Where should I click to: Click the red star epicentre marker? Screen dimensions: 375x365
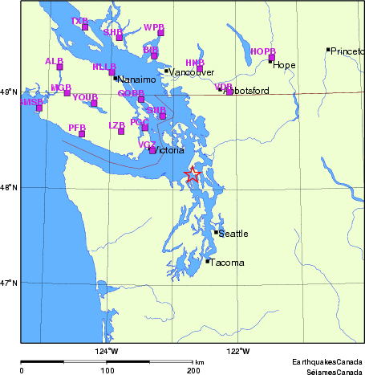pyautogui.click(x=193, y=174)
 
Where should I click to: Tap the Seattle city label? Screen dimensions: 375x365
pyautogui.click(x=233, y=234)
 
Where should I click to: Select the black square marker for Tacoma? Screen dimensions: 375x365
pyautogui.click(x=208, y=261)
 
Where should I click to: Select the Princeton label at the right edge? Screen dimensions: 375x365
pyautogui.click(x=347, y=51)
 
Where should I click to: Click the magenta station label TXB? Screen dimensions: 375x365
pyautogui.click(x=79, y=21)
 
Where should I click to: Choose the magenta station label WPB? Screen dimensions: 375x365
pyautogui.click(x=153, y=27)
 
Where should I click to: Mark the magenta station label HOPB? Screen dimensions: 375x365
pyautogui.click(x=262, y=51)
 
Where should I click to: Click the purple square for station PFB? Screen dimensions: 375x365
pyautogui.click(x=82, y=133)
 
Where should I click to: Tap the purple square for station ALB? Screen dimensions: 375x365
pyautogui.click(x=59, y=67)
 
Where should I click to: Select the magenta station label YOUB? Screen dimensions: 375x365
pyautogui.click(x=84, y=97)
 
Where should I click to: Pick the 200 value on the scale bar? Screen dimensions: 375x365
pyautogui.click(x=193, y=370)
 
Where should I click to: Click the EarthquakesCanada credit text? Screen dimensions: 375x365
pyautogui.click(x=327, y=362)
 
